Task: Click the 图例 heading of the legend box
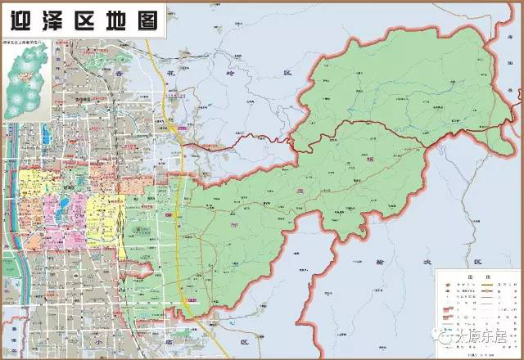(x=480, y=277)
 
